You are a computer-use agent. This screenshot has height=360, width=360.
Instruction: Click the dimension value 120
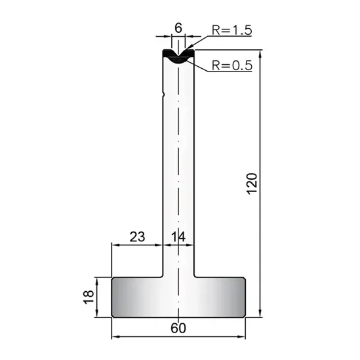pos(252,184)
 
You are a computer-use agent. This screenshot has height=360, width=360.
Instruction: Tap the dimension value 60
pos(178,329)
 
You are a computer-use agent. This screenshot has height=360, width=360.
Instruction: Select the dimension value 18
pos(89,297)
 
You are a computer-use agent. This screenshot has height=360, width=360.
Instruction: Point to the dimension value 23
pos(137,237)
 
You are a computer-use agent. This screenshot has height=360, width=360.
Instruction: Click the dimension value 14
pos(178,237)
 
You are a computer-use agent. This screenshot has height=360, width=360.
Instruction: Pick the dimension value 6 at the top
pos(178,28)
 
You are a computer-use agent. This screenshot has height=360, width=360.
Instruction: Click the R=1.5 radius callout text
pos(231,30)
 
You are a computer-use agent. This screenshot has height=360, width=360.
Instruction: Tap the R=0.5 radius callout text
pos(232,66)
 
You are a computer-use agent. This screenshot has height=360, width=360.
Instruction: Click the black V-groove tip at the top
pos(178,56)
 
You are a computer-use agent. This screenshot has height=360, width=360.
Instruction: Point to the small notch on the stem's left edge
pos(163,94)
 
